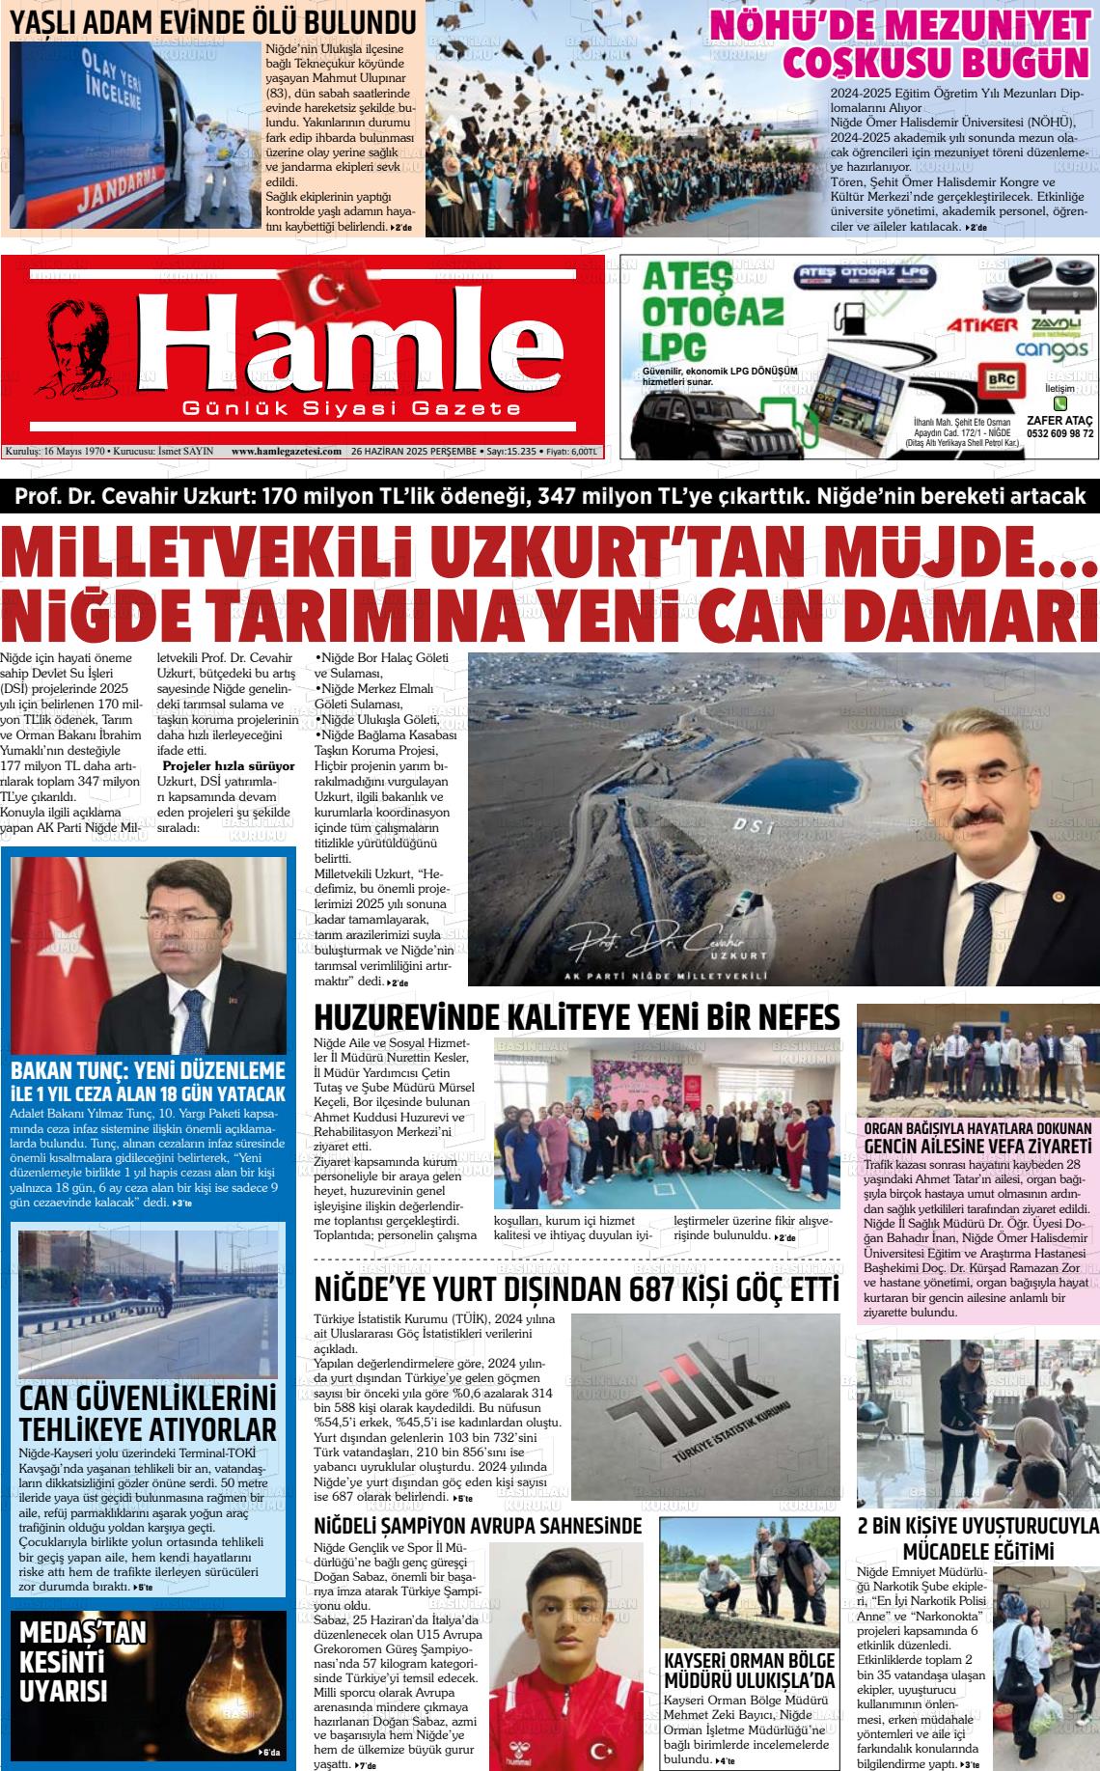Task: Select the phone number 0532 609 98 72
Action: click(1059, 433)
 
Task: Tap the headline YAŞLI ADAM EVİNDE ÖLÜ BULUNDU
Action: click(213, 21)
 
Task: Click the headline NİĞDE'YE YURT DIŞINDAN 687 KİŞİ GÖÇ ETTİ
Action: click(576, 1289)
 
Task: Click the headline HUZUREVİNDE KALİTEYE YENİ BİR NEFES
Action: click(576, 1018)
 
